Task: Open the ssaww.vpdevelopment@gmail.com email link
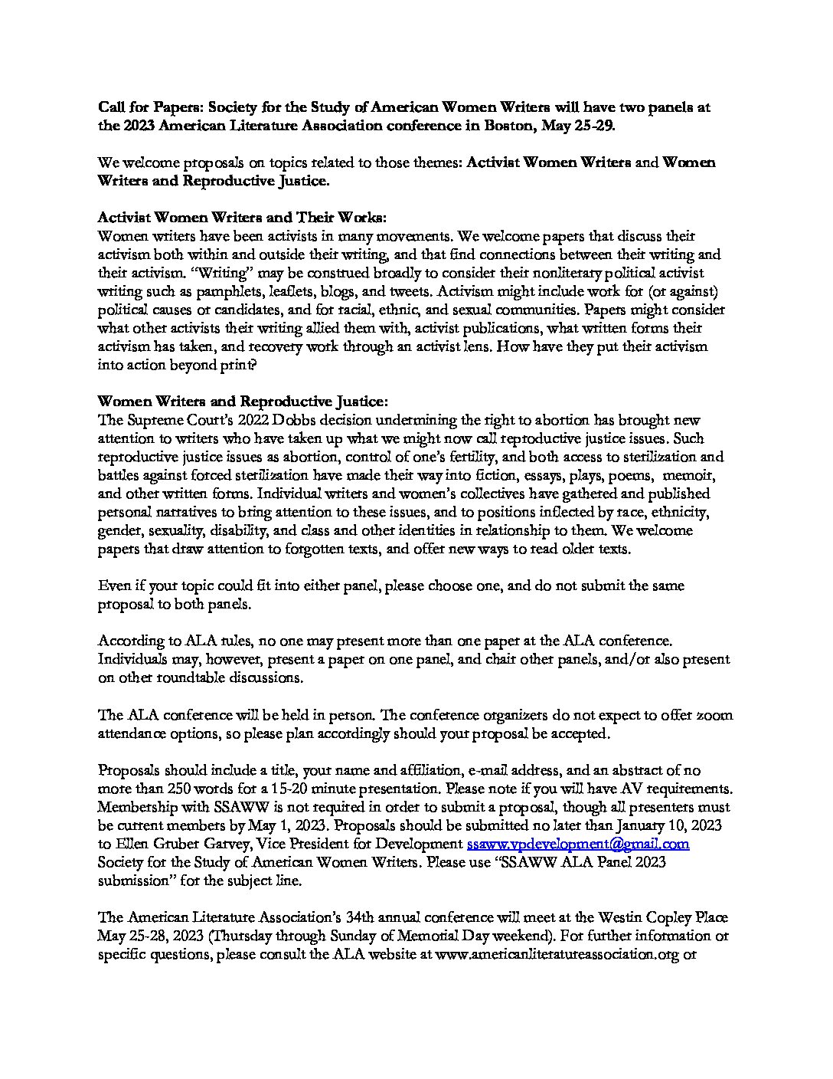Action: [578, 844]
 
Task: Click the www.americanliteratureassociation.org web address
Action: [557, 955]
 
